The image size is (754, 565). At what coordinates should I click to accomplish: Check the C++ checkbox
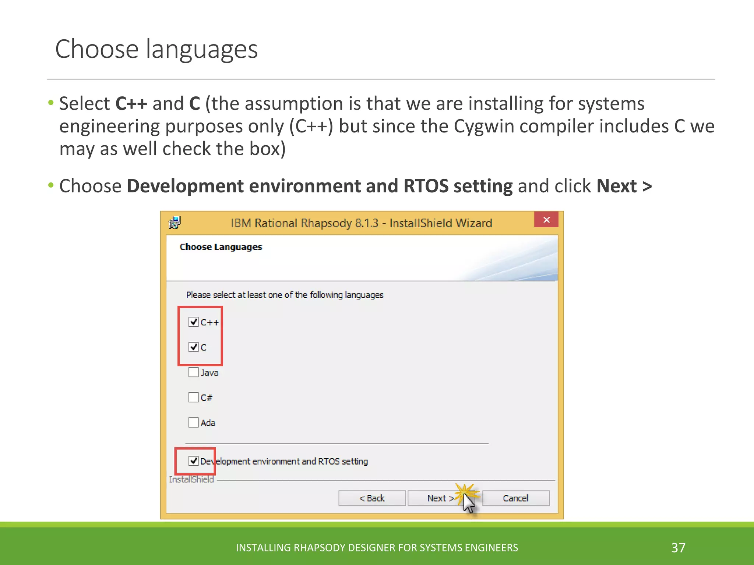tap(193, 322)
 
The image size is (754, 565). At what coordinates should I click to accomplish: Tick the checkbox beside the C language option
tap(193, 347)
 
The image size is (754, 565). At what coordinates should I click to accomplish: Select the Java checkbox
tap(193, 372)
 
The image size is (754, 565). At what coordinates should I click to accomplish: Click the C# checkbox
tap(193, 397)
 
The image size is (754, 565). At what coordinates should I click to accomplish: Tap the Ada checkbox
tap(193, 422)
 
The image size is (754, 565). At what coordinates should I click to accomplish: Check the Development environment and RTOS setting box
tap(193, 461)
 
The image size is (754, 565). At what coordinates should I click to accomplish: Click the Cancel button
tap(515, 498)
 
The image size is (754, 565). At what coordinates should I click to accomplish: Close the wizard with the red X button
tap(546, 220)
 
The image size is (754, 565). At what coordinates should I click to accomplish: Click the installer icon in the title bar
tap(175, 223)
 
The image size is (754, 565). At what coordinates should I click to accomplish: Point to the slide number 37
tap(678, 548)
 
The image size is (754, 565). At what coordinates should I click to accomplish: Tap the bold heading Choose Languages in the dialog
tap(221, 247)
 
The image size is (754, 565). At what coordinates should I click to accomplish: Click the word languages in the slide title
tap(202, 50)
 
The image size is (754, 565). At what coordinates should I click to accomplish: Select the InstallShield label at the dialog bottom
tap(191, 479)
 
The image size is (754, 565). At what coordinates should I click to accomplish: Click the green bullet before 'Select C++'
tap(51, 102)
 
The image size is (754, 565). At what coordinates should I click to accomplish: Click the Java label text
tap(209, 373)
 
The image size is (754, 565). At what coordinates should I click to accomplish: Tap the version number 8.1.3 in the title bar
tap(366, 223)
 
